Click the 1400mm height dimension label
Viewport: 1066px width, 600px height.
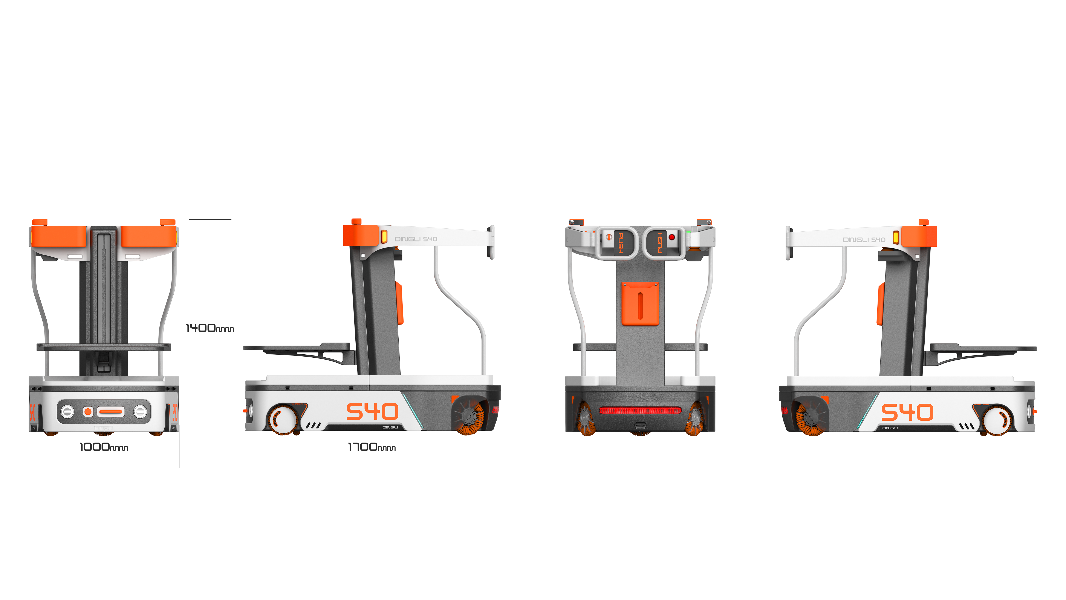click(209, 328)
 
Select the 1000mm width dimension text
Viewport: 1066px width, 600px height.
click(103, 447)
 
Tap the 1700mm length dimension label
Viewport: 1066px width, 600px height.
click(372, 447)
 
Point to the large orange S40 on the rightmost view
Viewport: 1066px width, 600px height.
click(907, 412)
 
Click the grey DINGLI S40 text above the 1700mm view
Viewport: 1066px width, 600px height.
click(416, 239)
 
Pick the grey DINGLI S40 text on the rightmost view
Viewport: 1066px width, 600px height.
click(864, 240)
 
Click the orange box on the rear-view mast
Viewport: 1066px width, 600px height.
click(640, 303)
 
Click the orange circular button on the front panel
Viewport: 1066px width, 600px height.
click(88, 412)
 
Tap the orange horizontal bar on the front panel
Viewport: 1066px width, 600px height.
click(110, 412)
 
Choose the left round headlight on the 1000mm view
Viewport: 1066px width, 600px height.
click(67, 412)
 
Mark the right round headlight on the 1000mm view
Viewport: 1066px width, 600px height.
click(140, 412)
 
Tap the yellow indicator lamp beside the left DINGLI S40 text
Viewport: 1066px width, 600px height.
click(384, 237)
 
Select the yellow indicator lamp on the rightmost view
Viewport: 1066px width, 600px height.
click(896, 238)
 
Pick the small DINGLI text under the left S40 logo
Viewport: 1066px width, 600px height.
click(390, 427)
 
